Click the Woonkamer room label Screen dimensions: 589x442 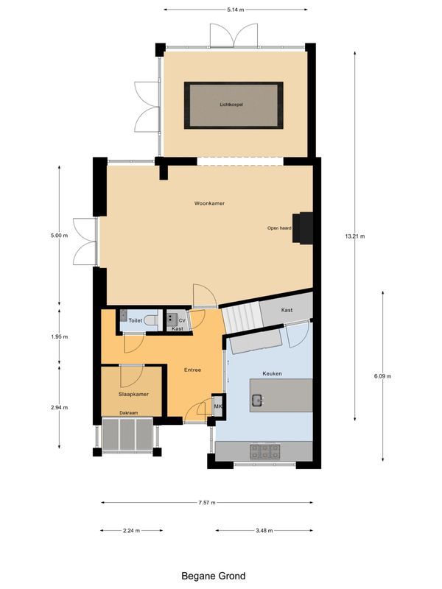[209, 202]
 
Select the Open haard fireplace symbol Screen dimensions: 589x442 [304, 227]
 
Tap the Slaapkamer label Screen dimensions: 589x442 [133, 394]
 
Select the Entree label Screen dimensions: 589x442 [192, 370]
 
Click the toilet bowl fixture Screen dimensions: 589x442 [150, 320]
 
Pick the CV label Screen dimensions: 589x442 [182, 321]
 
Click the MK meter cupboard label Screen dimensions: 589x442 [218, 406]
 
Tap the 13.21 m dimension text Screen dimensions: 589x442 [355, 236]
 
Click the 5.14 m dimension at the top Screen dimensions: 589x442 [235, 10]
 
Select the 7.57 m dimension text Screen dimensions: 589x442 [207, 503]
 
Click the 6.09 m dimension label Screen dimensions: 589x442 [383, 376]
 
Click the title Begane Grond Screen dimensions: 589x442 [214, 576]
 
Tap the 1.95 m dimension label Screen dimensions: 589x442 [59, 336]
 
